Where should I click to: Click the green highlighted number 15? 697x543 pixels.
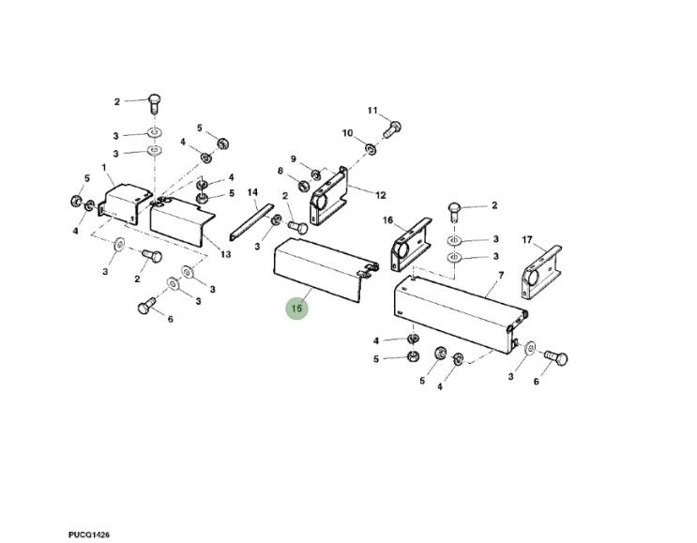297,308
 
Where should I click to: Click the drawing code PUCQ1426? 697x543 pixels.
89,535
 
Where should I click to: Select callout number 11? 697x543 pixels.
372,111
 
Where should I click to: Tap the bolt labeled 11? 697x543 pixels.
391,129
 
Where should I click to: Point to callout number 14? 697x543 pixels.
252,192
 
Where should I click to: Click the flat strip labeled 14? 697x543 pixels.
251,221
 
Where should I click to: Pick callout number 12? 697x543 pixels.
381,195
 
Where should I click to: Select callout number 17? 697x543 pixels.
527,240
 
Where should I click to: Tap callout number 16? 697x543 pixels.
388,220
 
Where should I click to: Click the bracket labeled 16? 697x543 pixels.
411,244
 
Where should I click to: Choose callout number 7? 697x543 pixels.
501,276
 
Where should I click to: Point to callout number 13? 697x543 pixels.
226,254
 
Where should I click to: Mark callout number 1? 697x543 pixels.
104,168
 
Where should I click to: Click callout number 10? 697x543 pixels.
347,133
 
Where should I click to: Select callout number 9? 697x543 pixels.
294,158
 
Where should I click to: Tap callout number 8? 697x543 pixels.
280,171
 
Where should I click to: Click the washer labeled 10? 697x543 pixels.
371,148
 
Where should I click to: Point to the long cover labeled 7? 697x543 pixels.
460,313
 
